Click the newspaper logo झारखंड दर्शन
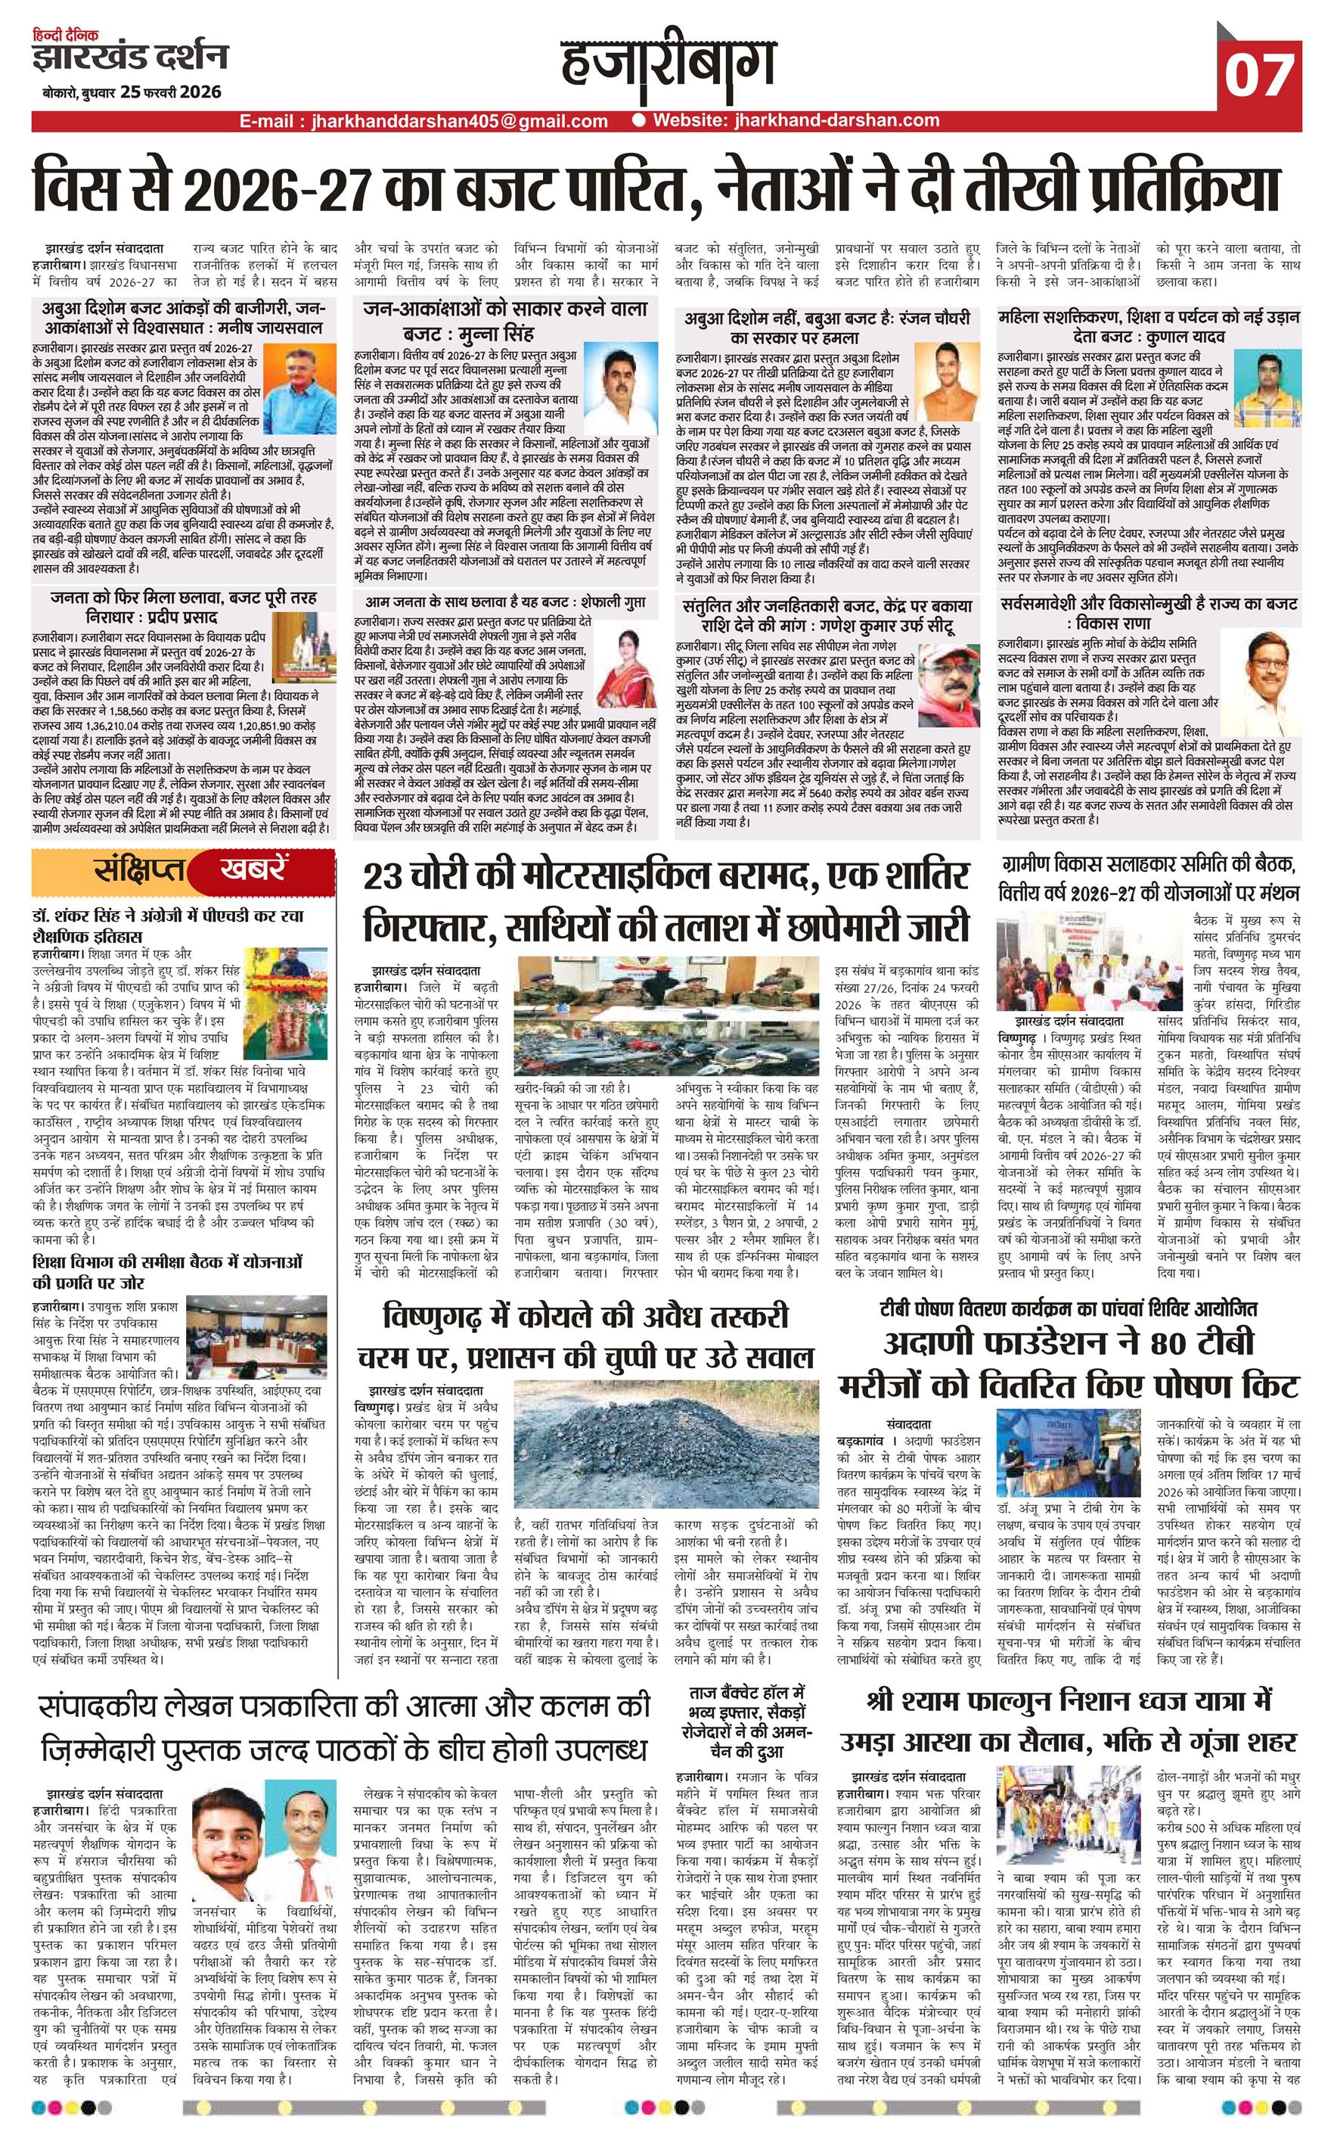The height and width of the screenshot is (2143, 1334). (130, 58)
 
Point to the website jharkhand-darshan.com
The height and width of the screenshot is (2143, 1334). (797, 121)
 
